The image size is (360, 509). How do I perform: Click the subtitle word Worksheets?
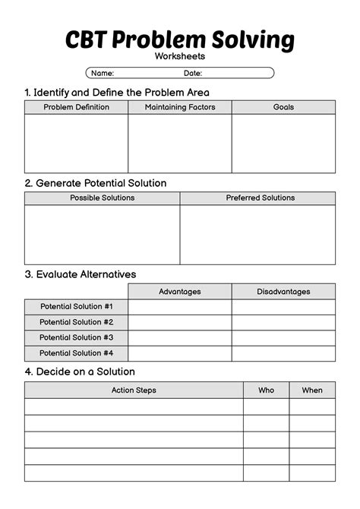[x=180, y=56]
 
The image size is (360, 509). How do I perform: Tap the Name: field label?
[x=103, y=74]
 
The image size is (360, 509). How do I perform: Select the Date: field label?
[x=192, y=74]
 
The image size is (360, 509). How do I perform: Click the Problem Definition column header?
[x=76, y=107]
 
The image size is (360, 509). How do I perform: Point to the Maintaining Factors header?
[x=180, y=107]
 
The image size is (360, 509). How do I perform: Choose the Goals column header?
[x=283, y=107]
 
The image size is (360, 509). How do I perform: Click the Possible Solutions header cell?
[x=103, y=198]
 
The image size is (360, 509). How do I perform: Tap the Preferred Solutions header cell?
[x=257, y=198]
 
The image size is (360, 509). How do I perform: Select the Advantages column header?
[x=180, y=291]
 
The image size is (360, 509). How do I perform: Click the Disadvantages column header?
[x=283, y=291]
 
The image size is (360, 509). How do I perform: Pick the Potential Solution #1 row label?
[x=76, y=306]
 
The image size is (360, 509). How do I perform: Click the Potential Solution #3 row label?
[x=76, y=337]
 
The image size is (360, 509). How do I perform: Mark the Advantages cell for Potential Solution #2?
[x=180, y=322]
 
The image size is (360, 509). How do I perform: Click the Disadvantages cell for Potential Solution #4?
[x=283, y=353]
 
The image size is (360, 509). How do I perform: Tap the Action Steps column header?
[x=134, y=390]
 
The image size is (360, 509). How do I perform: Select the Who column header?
[x=266, y=390]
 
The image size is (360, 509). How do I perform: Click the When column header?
[x=312, y=390]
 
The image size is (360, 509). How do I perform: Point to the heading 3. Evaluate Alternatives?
[x=81, y=273]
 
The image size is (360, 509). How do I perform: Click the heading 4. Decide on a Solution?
[x=80, y=371]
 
